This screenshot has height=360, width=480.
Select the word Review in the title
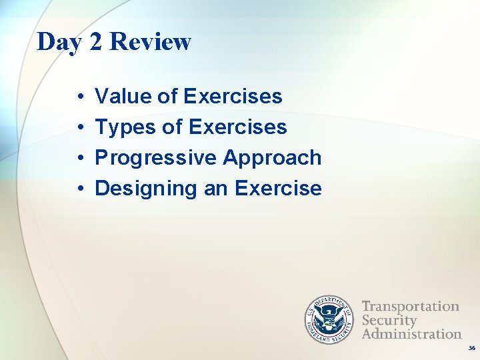(150, 42)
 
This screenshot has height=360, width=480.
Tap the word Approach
(272, 158)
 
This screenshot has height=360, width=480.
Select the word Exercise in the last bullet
(278, 189)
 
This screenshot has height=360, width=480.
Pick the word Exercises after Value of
(233, 97)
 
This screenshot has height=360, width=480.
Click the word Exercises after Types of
(237, 127)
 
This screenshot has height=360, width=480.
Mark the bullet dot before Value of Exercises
(79, 97)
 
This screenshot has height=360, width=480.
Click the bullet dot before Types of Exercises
(79, 128)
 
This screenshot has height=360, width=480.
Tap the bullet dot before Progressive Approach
(79, 159)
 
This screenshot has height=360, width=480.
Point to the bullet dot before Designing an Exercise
(79, 189)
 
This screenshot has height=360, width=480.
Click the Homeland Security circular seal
(329, 319)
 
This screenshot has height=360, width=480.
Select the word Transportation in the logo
(410, 307)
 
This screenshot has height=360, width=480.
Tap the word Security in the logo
(389, 320)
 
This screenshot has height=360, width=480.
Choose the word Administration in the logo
(411, 333)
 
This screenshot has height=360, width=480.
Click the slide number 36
(471, 348)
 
